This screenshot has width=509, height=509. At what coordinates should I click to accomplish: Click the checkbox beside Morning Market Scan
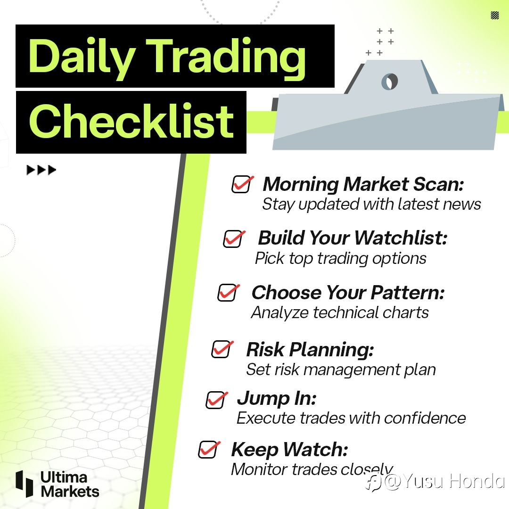[242, 184]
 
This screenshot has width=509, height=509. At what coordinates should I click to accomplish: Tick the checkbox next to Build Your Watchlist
[233, 239]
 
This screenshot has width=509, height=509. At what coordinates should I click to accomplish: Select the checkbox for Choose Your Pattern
[228, 293]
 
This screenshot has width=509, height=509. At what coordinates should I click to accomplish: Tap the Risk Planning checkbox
[222, 349]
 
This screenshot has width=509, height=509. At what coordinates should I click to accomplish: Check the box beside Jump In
[216, 400]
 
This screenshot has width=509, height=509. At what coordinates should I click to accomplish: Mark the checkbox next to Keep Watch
[209, 450]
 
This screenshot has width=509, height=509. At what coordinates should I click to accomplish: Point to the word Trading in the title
[227, 58]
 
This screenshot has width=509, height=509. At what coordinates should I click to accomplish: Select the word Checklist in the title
[131, 121]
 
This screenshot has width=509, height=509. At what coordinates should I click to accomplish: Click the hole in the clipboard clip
[390, 81]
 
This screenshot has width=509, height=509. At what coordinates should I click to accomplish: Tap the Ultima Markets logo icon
[25, 484]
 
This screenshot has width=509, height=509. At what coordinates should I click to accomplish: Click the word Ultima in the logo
[64, 477]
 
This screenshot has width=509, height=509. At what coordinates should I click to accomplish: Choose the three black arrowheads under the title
[41, 170]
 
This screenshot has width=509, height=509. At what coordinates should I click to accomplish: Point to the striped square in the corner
[495, 15]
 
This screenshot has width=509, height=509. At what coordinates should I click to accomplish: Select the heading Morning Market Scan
[363, 184]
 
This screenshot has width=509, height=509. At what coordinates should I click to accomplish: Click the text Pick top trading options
[341, 259]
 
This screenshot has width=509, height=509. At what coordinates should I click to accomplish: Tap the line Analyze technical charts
[340, 313]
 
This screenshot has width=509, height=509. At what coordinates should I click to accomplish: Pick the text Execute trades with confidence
[351, 418]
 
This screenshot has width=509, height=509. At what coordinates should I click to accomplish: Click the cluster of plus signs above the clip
[379, 42]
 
